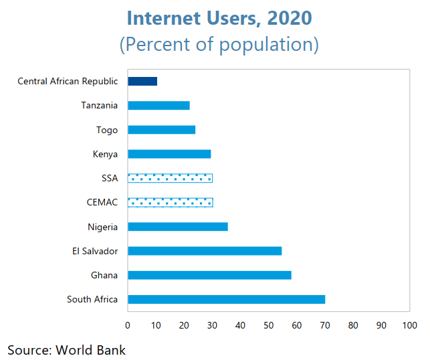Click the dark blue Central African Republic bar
point(142,81)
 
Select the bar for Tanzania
point(158,106)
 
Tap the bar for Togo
point(161,130)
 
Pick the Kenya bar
point(169,154)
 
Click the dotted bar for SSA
point(170,178)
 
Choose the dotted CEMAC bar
point(171,202)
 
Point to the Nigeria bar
point(177,227)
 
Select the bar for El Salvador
point(205,251)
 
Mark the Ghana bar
point(209,275)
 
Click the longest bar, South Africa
point(226,299)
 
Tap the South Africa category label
point(92,299)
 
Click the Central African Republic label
point(68,82)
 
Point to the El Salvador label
point(95,251)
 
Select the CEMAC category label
point(102,202)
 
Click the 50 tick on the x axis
point(268,325)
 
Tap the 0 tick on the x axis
point(128,325)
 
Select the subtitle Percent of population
point(219,45)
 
